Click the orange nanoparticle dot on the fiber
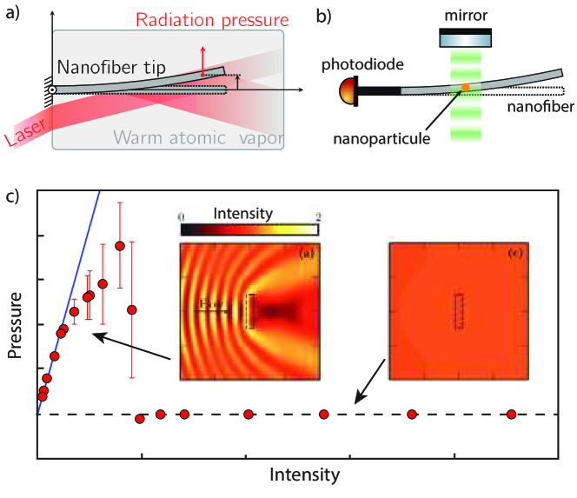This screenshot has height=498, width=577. coord(466,87)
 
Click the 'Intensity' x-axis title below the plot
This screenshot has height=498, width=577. coord(304,475)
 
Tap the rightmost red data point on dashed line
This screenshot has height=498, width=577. coord(512,415)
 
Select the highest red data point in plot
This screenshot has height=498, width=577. coord(120,246)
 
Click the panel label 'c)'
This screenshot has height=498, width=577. coord(13,196)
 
